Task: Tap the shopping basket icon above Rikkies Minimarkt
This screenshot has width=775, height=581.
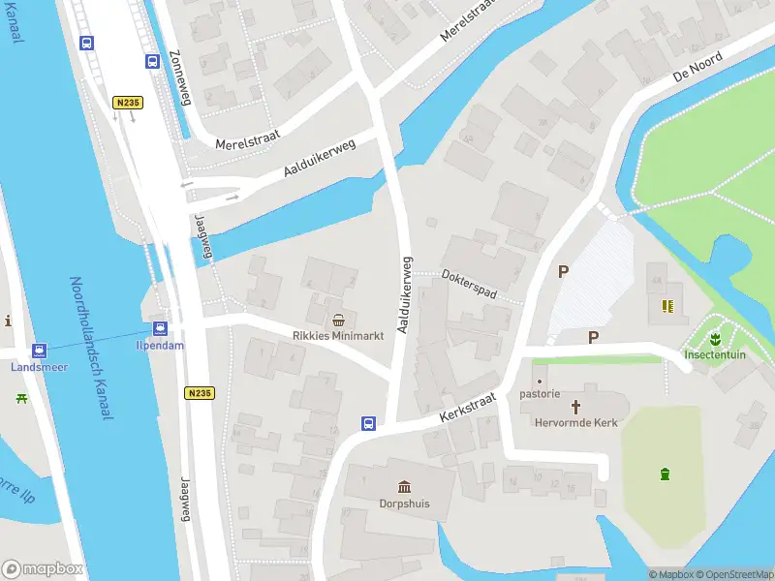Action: (x=338, y=320)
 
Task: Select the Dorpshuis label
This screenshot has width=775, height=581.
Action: (x=403, y=504)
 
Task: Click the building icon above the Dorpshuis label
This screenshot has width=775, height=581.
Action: (x=403, y=487)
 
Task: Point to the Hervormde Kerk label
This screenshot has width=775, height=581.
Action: (x=575, y=422)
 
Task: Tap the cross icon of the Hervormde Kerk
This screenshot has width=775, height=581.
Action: (x=575, y=407)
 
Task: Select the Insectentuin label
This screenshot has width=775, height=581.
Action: (x=714, y=354)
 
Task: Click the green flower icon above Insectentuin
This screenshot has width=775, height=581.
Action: (x=714, y=339)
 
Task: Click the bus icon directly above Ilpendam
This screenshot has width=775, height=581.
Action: (x=160, y=328)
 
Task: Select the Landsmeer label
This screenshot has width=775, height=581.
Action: (x=39, y=366)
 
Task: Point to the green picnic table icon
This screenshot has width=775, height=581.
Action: (x=21, y=397)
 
